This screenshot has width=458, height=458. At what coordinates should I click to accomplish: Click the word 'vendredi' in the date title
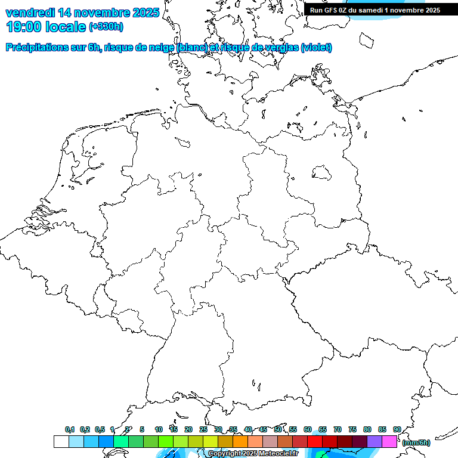(x=30, y=13)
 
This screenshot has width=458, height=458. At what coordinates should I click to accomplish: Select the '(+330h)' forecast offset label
(x=106, y=27)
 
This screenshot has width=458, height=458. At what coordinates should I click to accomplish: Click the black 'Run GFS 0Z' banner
(x=375, y=10)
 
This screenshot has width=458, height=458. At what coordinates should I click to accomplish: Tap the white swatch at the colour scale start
(x=61, y=441)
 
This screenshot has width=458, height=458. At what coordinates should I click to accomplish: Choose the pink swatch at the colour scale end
(x=389, y=441)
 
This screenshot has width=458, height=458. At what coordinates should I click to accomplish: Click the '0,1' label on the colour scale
(x=70, y=429)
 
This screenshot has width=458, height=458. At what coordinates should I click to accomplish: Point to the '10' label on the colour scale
(x=159, y=429)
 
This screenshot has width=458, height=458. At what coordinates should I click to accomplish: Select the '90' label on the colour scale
(x=397, y=429)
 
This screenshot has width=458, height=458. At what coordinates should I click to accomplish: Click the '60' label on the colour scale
(x=308, y=429)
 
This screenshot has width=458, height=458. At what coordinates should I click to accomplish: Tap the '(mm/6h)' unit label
(x=416, y=442)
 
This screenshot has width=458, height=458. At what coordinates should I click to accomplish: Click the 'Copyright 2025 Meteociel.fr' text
(x=253, y=453)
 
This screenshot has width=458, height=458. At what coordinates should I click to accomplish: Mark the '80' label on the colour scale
(x=367, y=429)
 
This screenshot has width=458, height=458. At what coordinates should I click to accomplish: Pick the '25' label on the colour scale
(x=203, y=429)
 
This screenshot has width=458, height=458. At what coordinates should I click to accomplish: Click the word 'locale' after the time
(x=66, y=27)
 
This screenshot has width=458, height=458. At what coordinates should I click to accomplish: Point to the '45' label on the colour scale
(x=263, y=429)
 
